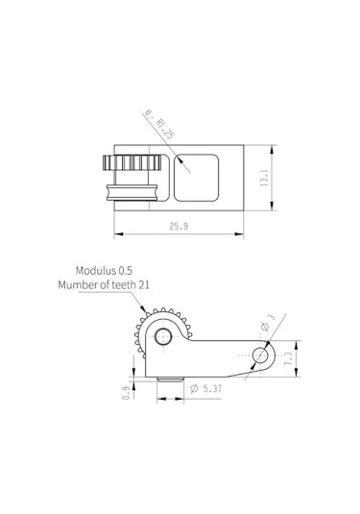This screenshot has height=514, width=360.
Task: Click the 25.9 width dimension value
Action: [179, 226]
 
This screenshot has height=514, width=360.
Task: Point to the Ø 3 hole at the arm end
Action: [259, 354]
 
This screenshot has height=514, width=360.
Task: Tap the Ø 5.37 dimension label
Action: [206, 388]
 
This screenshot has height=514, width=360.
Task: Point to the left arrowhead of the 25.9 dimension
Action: [117, 233]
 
